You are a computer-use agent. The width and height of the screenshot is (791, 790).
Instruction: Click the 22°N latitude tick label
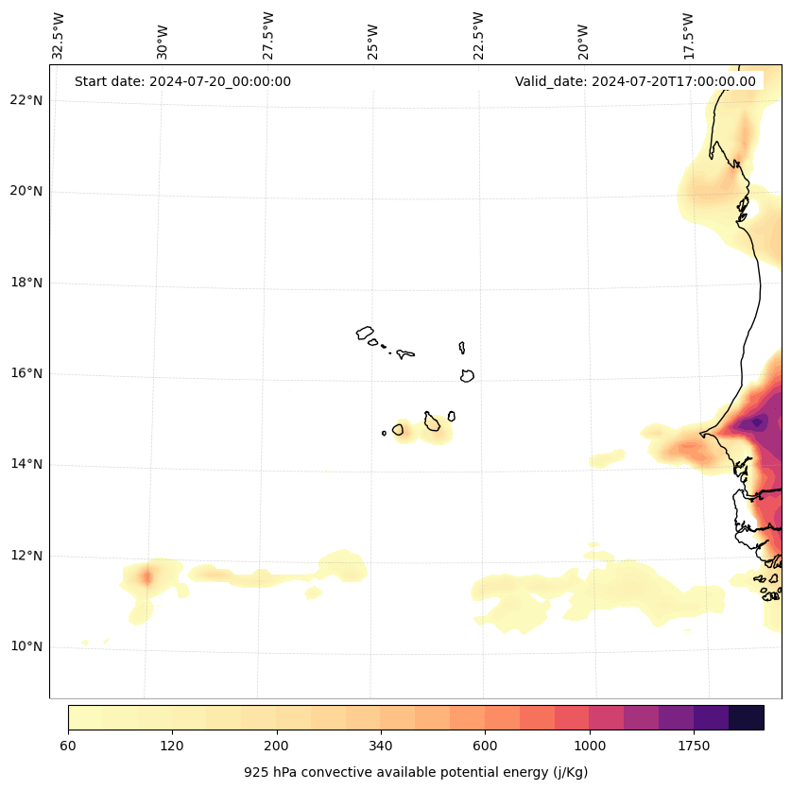coord(26,100)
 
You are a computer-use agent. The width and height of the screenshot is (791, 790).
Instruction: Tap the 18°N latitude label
coord(26,283)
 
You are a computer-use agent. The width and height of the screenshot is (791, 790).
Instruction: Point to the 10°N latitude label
coord(26,646)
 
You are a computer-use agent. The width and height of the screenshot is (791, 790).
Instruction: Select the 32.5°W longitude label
coord(59,36)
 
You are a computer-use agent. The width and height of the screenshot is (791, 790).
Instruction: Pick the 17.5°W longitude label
coord(689,36)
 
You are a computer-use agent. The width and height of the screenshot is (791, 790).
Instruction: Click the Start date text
coord(182,81)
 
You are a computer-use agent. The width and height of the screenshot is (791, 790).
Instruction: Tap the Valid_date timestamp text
coord(635,81)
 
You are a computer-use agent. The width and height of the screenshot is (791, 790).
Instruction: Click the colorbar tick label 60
coord(68,747)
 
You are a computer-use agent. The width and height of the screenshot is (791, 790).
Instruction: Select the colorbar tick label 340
coord(381,747)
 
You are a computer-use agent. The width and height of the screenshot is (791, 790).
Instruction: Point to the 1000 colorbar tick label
coord(590,747)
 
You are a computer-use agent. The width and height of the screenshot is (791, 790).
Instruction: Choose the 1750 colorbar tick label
coord(694,747)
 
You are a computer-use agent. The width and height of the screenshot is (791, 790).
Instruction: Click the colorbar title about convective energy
coord(416,772)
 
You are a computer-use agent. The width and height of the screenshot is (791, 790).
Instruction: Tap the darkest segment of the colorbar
coord(747,717)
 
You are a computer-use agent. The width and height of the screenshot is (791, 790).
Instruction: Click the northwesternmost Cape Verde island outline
coord(365,333)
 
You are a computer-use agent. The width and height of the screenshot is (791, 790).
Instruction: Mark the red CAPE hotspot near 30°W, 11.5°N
coord(146,575)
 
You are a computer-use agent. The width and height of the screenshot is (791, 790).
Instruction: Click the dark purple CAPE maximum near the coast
coord(753,423)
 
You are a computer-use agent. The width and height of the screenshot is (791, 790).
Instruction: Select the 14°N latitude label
coord(26,464)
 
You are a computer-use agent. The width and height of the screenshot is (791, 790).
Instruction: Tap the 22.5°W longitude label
coord(478,36)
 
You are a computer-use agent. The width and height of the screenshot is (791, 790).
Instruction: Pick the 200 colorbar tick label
coord(277,747)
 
